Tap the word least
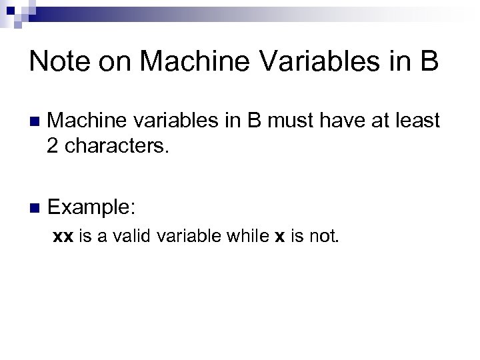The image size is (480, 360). (417, 121)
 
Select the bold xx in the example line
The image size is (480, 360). (63, 237)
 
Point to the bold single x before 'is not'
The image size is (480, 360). (279, 237)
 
